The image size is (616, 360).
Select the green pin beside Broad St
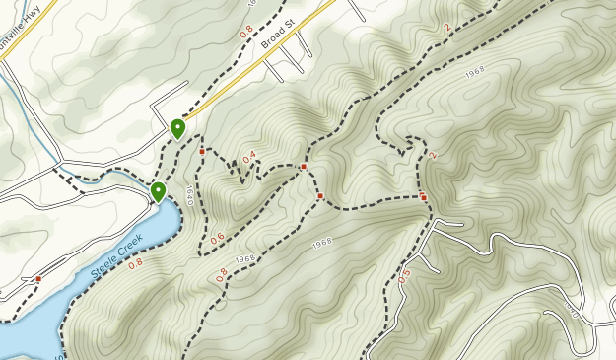click(178, 129)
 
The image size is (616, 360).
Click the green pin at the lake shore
click(158, 191)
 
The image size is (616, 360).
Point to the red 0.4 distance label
click(249, 156)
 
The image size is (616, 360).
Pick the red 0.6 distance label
click(217, 238)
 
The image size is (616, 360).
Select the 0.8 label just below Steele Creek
click(135, 263)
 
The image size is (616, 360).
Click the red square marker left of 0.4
click(202, 152)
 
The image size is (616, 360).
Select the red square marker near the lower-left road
click(38, 279)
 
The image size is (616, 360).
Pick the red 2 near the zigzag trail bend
click(432, 156)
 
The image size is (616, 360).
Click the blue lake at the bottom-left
click(25, 325)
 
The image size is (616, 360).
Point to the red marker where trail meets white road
click(424, 198)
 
